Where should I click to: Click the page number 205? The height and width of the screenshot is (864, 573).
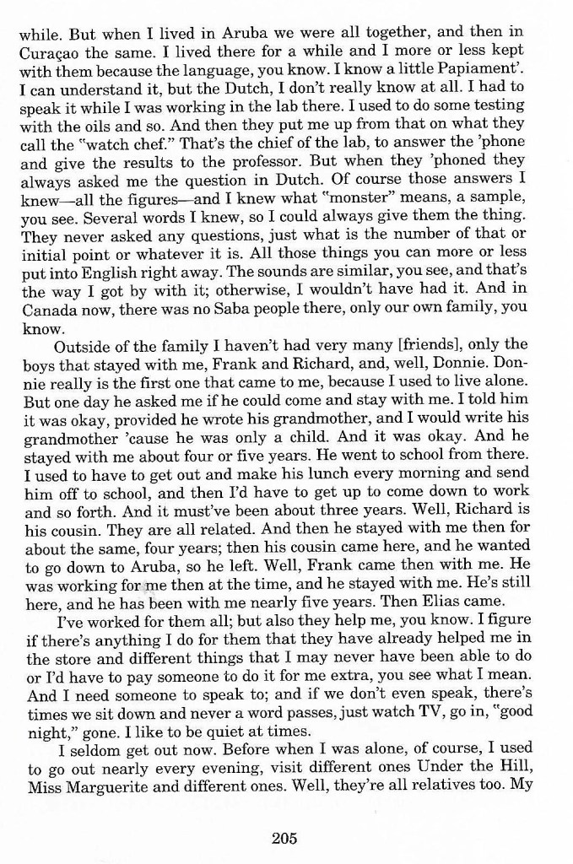tap(286, 838)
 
